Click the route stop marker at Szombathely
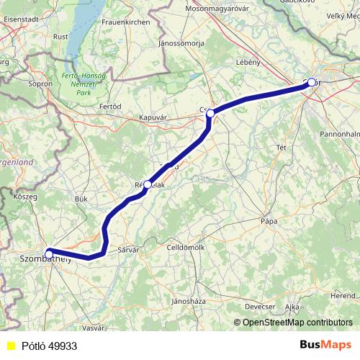pos(48,253)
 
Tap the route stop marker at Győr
pos(312,83)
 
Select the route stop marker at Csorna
pos(210,114)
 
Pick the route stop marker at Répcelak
pos(148,184)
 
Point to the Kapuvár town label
pos(153,116)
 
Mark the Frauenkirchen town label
pos(125,23)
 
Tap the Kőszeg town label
pos(24,196)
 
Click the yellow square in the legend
pos(10,346)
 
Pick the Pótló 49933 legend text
pos(49,346)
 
